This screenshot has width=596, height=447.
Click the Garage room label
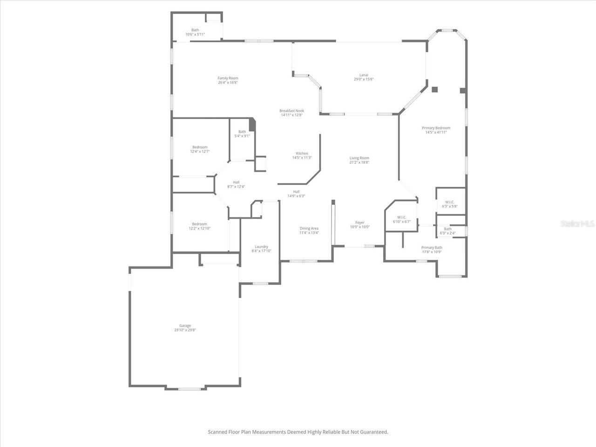tap(185, 326)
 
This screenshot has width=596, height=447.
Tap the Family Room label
tap(228, 78)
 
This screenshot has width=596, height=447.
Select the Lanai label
tap(364, 75)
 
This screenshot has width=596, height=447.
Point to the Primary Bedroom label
tap(436, 128)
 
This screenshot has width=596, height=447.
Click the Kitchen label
tap(302, 154)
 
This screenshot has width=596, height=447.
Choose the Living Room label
tap(359, 158)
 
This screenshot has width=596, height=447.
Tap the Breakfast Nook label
tap(291, 111)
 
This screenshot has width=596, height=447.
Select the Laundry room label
tap(261, 247)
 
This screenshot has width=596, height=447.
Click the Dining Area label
tap(309, 229)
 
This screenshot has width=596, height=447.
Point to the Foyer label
tap(359, 223)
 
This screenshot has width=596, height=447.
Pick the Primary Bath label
tap(432, 248)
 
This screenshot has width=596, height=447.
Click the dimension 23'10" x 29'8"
tap(185, 330)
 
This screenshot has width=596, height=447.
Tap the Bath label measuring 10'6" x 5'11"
tap(195, 30)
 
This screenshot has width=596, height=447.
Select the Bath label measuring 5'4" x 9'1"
tap(242, 132)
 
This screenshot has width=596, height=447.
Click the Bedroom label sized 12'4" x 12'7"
tap(200, 147)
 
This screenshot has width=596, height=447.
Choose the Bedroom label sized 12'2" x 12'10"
tap(199, 224)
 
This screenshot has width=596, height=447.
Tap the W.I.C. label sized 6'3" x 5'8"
tap(449, 202)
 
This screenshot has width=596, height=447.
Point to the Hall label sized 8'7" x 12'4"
tap(236, 183)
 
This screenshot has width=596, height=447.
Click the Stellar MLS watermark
tap(577, 224)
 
